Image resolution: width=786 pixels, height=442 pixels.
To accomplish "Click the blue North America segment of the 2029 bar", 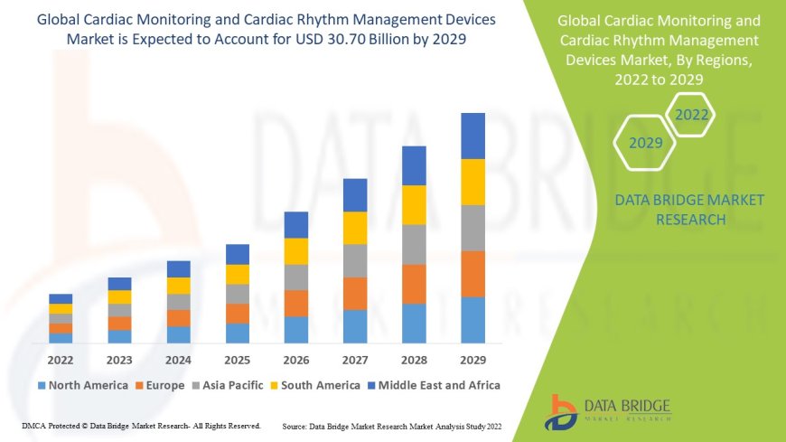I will point(473,320).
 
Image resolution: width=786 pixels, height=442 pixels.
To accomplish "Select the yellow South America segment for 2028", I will point(414,204).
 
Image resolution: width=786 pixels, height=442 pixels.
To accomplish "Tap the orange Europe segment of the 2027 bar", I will point(355,293).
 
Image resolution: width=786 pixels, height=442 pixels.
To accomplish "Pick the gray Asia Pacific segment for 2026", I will point(296,277).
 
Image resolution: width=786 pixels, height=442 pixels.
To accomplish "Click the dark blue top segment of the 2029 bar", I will point(473,136).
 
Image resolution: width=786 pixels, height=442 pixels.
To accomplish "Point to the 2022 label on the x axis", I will point(61,358).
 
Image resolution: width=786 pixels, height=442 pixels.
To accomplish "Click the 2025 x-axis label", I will point(237,358).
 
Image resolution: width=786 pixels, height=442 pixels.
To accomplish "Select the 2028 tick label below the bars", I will point(414,358).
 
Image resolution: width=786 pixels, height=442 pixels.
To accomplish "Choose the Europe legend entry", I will point(162,385).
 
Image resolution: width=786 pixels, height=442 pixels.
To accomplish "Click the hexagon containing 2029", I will point(646,143).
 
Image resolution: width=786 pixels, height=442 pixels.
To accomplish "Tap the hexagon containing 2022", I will point(692,115).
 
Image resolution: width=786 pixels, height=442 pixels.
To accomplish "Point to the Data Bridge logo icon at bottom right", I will point(561,412).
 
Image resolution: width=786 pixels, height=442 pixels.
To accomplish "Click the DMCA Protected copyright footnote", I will point(140,425).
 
